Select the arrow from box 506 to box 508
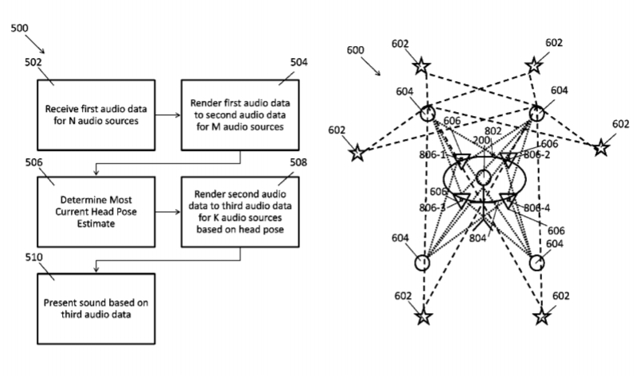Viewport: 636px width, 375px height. pos(167,212)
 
